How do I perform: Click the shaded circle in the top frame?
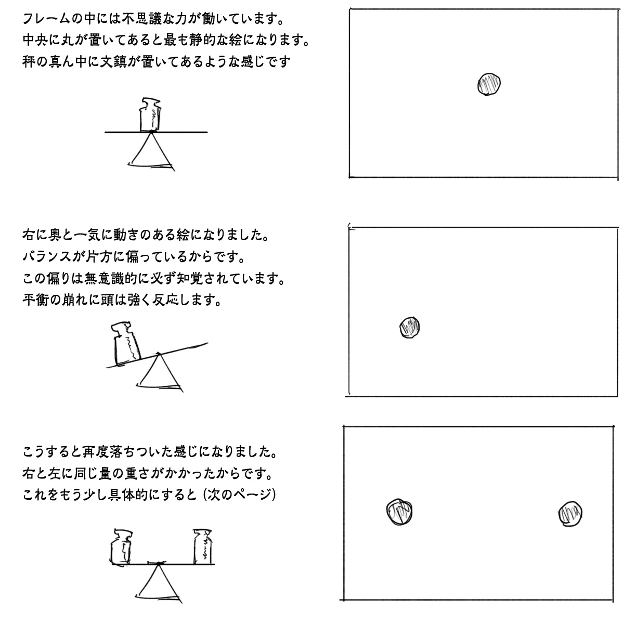489,84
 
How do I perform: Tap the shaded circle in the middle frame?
409,328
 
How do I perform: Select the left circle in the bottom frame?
399,512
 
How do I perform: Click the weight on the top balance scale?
150,114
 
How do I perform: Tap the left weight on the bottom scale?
121,547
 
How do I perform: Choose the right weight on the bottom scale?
202,547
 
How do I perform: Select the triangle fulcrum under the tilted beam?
159,372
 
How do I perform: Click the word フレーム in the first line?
46,19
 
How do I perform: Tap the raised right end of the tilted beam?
207,343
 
